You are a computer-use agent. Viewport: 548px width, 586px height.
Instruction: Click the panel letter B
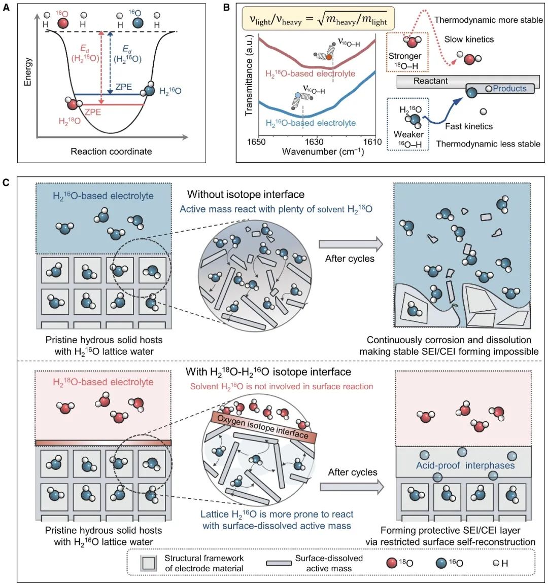[x=227, y=8]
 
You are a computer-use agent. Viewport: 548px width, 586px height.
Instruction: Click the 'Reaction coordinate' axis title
[x=111, y=151]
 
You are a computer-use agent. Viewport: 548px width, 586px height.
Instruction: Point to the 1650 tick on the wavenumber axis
[x=256, y=142]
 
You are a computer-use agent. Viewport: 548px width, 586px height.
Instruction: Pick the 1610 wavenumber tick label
[x=372, y=142]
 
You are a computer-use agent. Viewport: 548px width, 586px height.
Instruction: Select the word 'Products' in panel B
[x=509, y=89]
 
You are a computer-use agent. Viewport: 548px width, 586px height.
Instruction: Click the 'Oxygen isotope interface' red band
[x=263, y=426]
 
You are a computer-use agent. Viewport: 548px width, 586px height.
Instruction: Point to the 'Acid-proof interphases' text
[x=465, y=465]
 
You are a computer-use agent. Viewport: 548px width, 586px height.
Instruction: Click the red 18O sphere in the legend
[x=392, y=563]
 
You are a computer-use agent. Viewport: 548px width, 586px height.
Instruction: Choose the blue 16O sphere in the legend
[x=441, y=563]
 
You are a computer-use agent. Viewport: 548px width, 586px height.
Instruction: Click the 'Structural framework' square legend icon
[x=148, y=563]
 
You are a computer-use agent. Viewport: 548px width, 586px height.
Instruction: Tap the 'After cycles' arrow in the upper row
[x=351, y=244]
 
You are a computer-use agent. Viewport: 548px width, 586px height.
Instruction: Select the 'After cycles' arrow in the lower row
[x=352, y=487]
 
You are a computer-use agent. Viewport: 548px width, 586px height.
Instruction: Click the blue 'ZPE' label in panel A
[x=123, y=87]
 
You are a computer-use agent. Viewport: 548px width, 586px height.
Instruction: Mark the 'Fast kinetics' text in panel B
[x=469, y=126]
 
